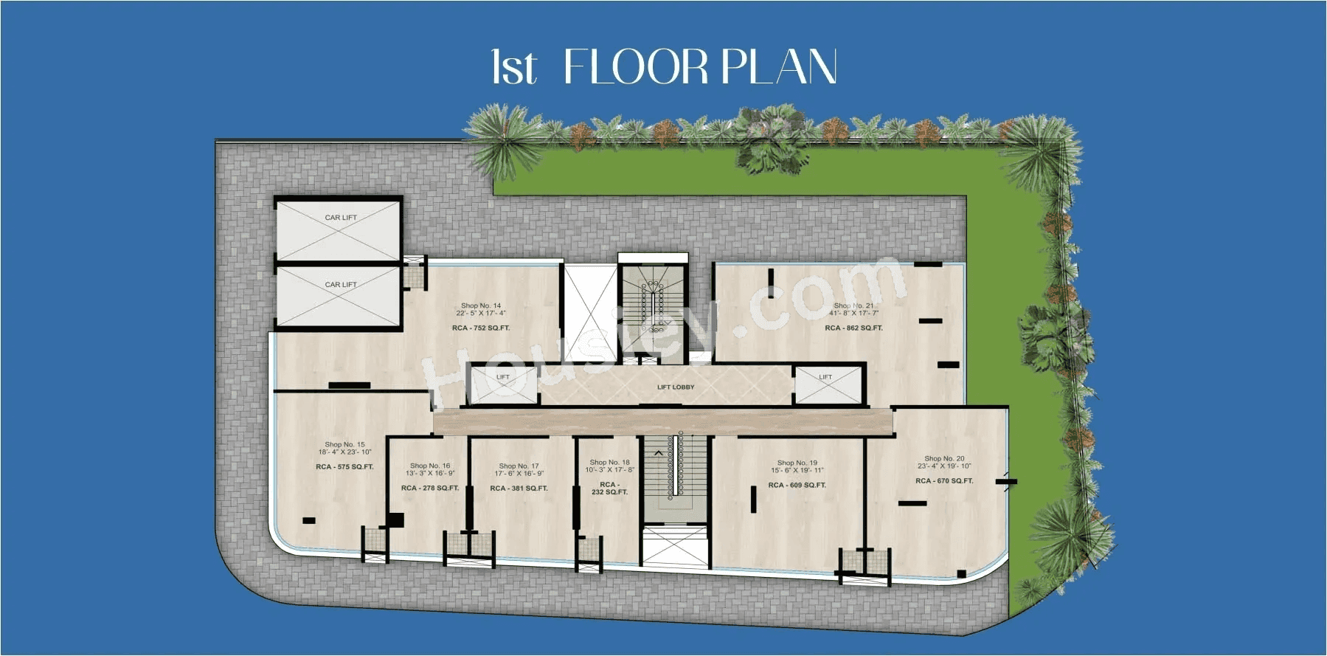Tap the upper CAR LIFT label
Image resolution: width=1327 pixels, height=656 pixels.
pyautogui.click(x=340, y=218)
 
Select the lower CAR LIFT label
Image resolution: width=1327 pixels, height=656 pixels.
pyautogui.click(x=340, y=285)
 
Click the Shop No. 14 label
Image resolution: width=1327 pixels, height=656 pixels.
pyautogui.click(x=481, y=305)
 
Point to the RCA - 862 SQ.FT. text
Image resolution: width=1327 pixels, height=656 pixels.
pyautogui.click(x=853, y=328)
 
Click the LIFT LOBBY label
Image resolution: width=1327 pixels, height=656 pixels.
pyautogui.click(x=676, y=387)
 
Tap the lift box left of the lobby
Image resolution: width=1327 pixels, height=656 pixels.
pyautogui.click(x=503, y=385)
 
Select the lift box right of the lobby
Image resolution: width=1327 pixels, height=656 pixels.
pyautogui.click(x=827, y=385)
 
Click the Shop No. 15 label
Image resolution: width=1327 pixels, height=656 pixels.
pyautogui.click(x=344, y=445)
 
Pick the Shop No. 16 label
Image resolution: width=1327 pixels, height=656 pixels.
pyautogui.click(x=430, y=466)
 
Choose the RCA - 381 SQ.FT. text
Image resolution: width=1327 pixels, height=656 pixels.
pyautogui.click(x=519, y=488)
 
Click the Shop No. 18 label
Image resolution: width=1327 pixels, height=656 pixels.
pyautogui.click(x=609, y=463)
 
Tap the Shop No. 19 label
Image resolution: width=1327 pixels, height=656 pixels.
pyautogui.click(x=797, y=463)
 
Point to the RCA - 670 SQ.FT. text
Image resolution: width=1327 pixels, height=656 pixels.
pyautogui.click(x=944, y=481)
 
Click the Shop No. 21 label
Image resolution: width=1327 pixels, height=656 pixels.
pyautogui.click(x=853, y=305)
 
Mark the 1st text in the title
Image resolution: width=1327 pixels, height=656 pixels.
pyautogui.click(x=513, y=68)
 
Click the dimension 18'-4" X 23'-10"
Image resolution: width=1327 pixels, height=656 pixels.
pyautogui.click(x=344, y=452)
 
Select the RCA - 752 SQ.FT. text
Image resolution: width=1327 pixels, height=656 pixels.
pyautogui.click(x=481, y=328)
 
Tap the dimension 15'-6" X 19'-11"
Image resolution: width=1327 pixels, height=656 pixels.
pyautogui.click(x=797, y=471)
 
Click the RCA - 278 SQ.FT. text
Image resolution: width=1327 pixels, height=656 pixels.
pyautogui.click(x=430, y=488)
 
